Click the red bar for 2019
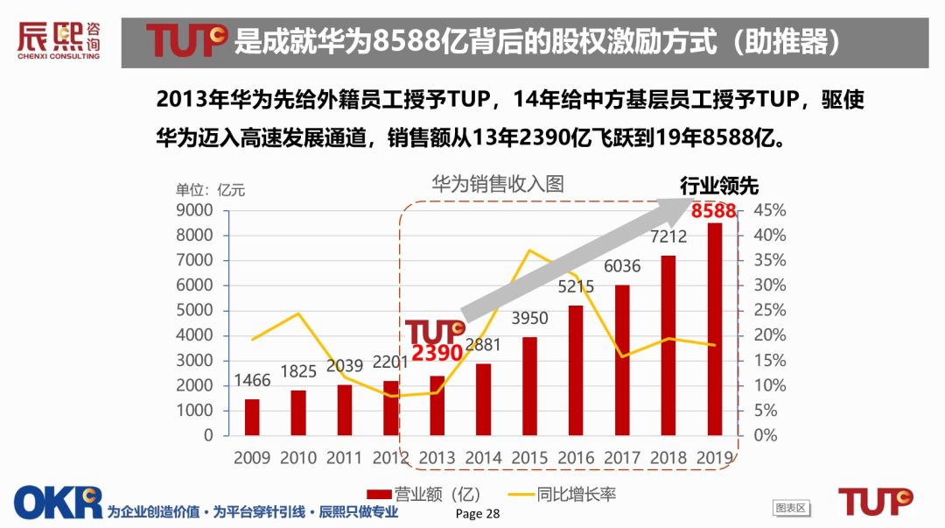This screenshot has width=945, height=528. [x=715, y=328]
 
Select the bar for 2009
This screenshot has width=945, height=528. [x=252, y=417]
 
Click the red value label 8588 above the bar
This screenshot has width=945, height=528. [x=714, y=212]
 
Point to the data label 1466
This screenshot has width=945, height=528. [x=251, y=381]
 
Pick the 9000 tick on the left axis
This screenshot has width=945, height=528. [x=196, y=210]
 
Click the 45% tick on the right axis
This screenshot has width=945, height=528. [x=771, y=211]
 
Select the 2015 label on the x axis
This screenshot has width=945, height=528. [x=529, y=457]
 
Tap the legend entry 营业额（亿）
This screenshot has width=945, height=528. [x=424, y=495]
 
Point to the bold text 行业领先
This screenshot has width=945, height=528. [x=719, y=186]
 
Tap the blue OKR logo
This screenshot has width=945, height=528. [x=58, y=502]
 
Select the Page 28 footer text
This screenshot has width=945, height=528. [x=478, y=513]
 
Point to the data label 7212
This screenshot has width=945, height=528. [x=668, y=236]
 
